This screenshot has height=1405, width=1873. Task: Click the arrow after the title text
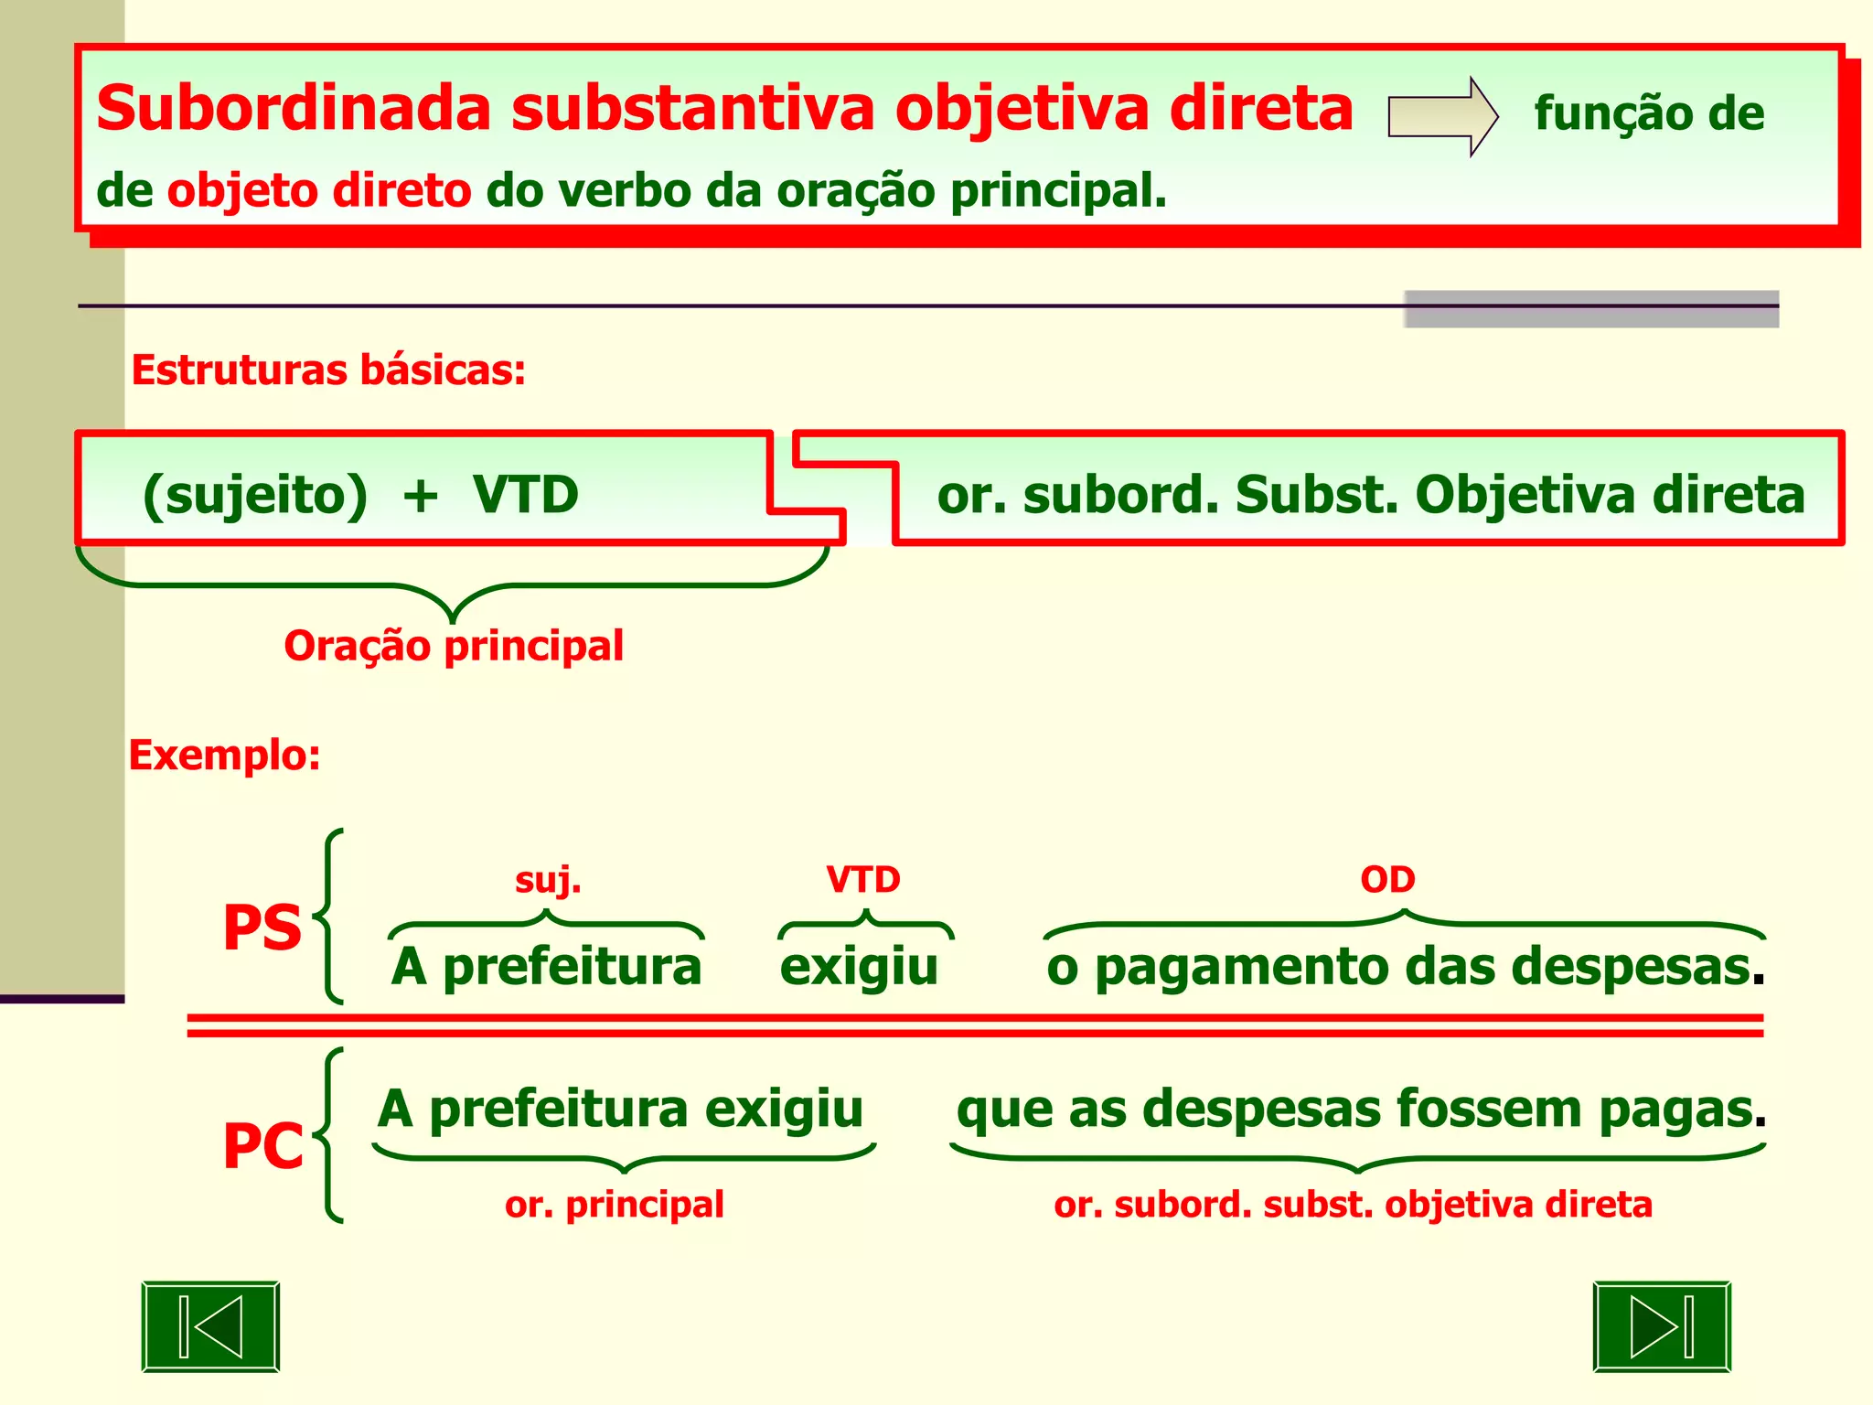tap(1442, 116)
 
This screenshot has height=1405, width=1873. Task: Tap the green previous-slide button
tap(210, 1326)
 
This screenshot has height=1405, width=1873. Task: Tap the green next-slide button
tap(1662, 1326)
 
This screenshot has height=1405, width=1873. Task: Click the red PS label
tap(262, 928)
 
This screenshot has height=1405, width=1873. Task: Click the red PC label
tap(262, 1145)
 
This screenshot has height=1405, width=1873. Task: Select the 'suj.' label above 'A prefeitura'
tap(548, 880)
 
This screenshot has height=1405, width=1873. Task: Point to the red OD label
tap(1387, 880)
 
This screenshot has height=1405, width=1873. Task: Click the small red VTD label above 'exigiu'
tap(862, 880)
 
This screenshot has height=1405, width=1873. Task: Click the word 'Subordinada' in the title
tap(294, 108)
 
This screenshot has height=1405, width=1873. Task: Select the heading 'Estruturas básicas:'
tap(328, 370)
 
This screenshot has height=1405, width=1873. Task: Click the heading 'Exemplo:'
tap(224, 756)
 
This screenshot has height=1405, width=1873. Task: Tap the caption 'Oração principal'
tap(454, 646)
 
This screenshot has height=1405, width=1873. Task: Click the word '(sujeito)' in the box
tap(255, 495)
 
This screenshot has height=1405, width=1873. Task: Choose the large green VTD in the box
tap(526, 495)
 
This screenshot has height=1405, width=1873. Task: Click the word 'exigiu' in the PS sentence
tap(859, 966)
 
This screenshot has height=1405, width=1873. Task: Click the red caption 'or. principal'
tap(614, 1205)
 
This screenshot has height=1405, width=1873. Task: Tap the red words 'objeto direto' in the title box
tap(319, 191)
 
